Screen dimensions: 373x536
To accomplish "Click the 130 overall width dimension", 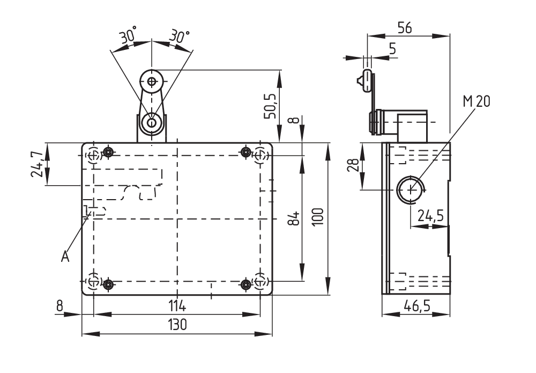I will (x=176, y=325).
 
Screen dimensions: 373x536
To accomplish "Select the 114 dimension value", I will (x=176, y=306).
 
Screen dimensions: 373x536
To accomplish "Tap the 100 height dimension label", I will (x=318, y=217).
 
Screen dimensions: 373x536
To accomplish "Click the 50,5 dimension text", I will (x=271, y=105).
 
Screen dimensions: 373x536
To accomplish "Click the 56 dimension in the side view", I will (x=405, y=28).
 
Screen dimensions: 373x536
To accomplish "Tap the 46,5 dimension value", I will (x=416, y=306).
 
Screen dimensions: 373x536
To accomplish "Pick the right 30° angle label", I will (x=179, y=36).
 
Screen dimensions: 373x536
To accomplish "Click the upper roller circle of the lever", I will (x=152, y=82).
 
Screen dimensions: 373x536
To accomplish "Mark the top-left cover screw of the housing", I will (x=109, y=152).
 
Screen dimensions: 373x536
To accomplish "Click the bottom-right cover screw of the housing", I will (x=247, y=284).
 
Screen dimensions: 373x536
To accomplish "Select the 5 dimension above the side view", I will (x=392, y=49).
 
